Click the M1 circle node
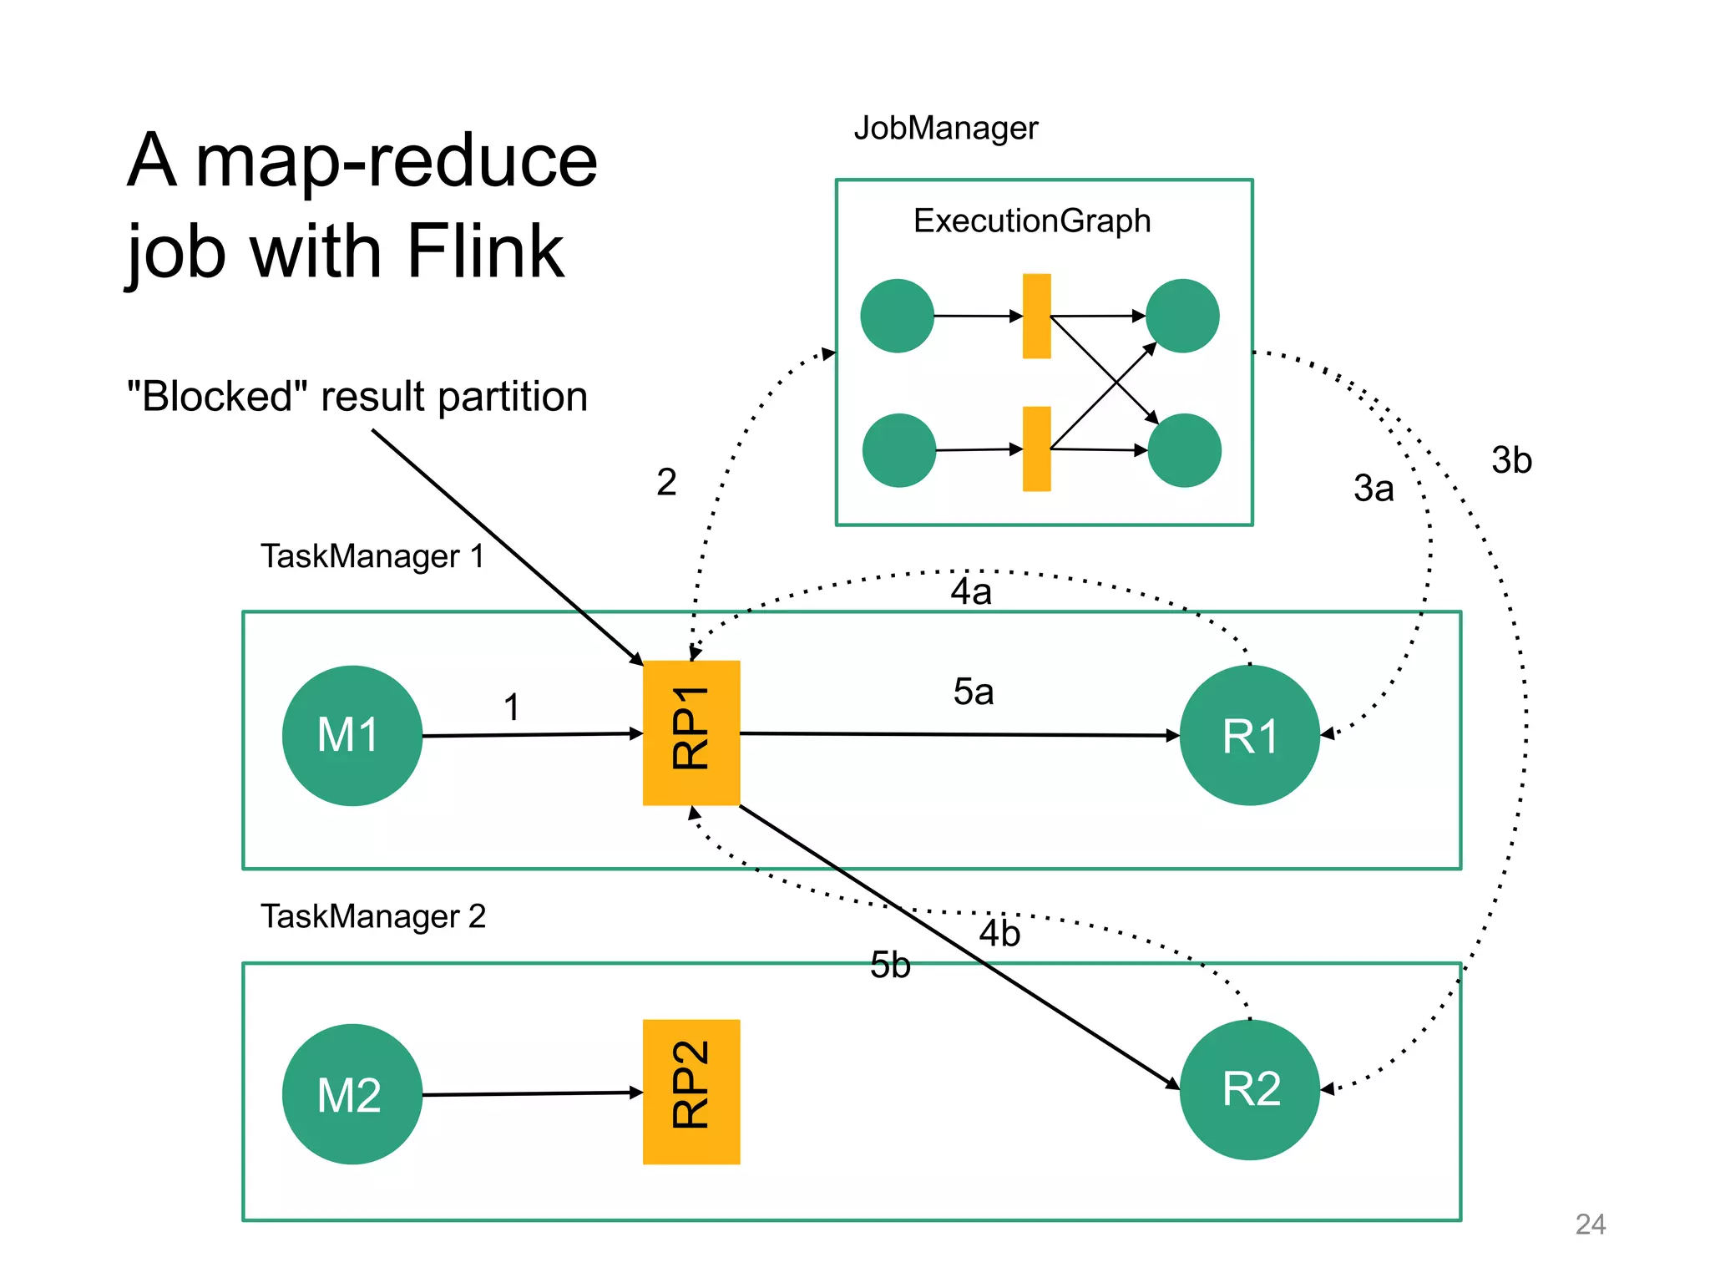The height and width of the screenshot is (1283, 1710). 352,735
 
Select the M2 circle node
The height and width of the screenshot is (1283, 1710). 352,1093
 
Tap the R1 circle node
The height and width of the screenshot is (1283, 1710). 1249,735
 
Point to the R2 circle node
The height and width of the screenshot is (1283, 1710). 1249,1089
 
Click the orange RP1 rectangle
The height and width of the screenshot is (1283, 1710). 691,733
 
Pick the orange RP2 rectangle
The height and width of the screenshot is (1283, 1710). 691,1091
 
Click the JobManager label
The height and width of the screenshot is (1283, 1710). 945,129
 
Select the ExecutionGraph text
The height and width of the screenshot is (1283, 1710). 1032,221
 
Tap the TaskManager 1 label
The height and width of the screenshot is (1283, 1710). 372,556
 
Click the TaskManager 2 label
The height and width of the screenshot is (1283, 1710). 372,916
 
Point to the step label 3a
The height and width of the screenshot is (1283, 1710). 1374,489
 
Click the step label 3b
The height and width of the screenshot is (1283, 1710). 1511,460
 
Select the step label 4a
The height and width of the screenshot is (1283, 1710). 971,592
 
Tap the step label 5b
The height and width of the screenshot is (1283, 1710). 890,966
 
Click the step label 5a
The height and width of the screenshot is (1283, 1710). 974,692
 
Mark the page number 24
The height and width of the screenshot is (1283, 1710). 1590,1225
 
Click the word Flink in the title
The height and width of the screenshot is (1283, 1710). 485,251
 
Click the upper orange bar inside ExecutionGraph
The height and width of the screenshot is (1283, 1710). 1036,316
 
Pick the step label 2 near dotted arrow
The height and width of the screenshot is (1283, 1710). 666,482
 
